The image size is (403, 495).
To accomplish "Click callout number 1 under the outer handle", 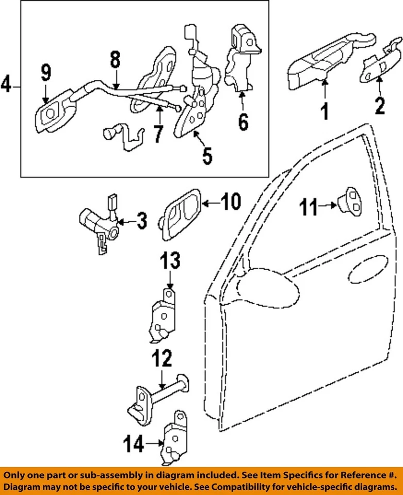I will click(x=325, y=111).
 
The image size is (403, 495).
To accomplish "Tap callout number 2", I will click(x=380, y=106).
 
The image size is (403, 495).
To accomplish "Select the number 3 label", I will click(x=140, y=221).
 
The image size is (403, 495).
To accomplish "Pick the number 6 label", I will click(x=243, y=122).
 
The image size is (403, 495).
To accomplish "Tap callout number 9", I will click(x=46, y=74).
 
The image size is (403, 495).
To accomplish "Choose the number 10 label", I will click(x=231, y=203).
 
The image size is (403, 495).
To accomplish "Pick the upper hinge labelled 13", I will click(x=163, y=315).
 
